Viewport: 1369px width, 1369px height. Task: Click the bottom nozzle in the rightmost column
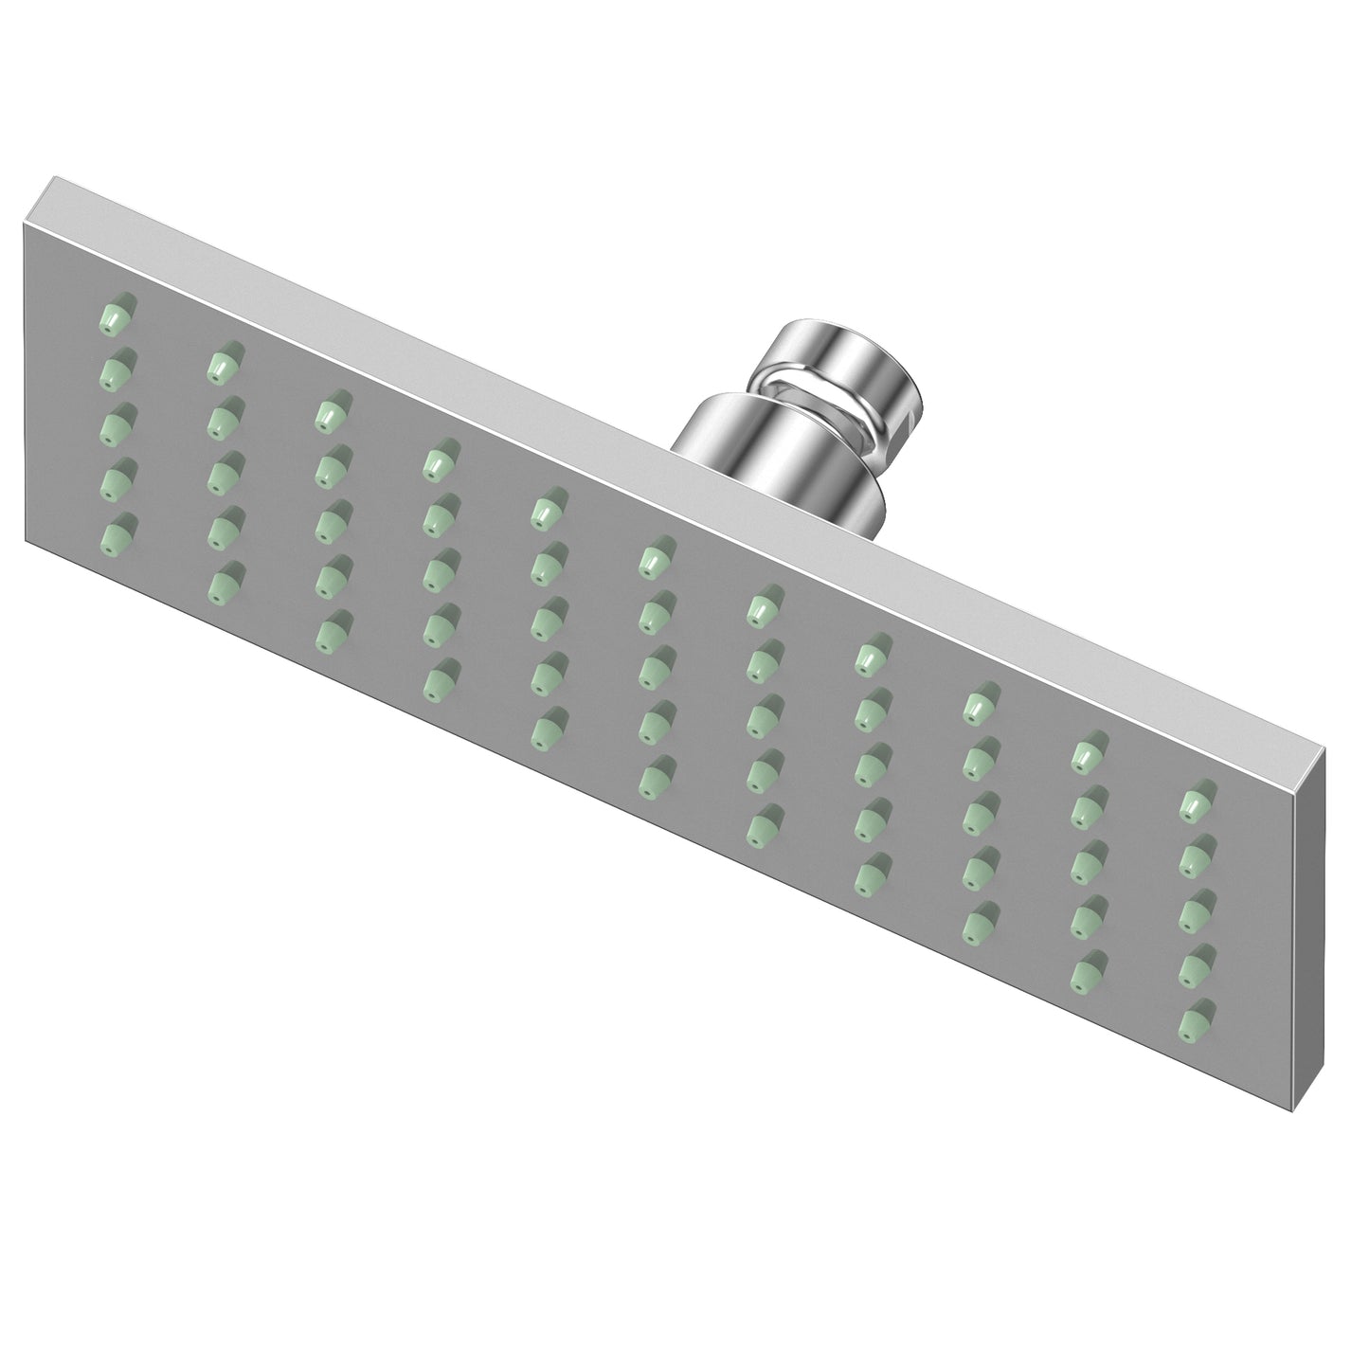coord(1198,1020)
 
